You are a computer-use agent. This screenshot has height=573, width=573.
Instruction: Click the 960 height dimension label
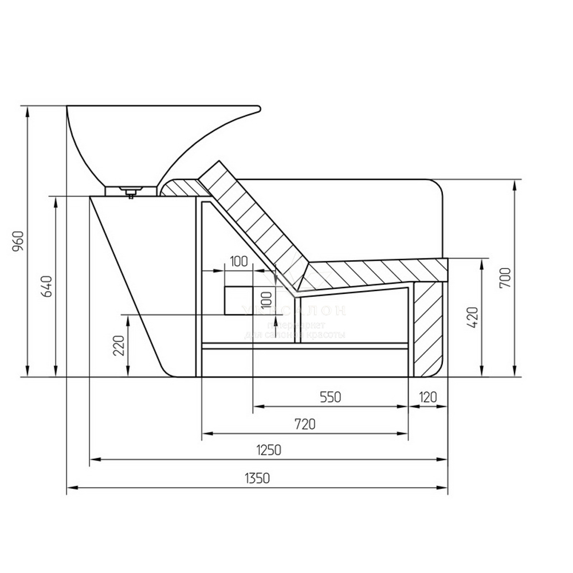(18, 241)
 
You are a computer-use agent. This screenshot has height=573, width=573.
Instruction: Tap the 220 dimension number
(119, 346)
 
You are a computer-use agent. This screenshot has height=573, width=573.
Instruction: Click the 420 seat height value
(473, 317)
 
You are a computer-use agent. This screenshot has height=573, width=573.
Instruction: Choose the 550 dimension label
(331, 397)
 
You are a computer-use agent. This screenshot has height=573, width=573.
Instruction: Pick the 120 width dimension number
(428, 397)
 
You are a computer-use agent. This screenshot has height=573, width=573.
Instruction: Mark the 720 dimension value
(305, 424)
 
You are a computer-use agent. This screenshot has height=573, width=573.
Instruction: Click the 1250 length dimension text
(269, 450)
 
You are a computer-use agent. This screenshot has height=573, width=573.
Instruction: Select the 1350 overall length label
(257, 478)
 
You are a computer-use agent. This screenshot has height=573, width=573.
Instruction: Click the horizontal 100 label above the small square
(238, 262)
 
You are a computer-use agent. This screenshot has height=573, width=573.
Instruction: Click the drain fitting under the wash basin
(131, 191)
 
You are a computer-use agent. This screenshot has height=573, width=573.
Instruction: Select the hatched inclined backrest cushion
(252, 221)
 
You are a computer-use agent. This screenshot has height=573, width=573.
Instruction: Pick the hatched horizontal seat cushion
(372, 272)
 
